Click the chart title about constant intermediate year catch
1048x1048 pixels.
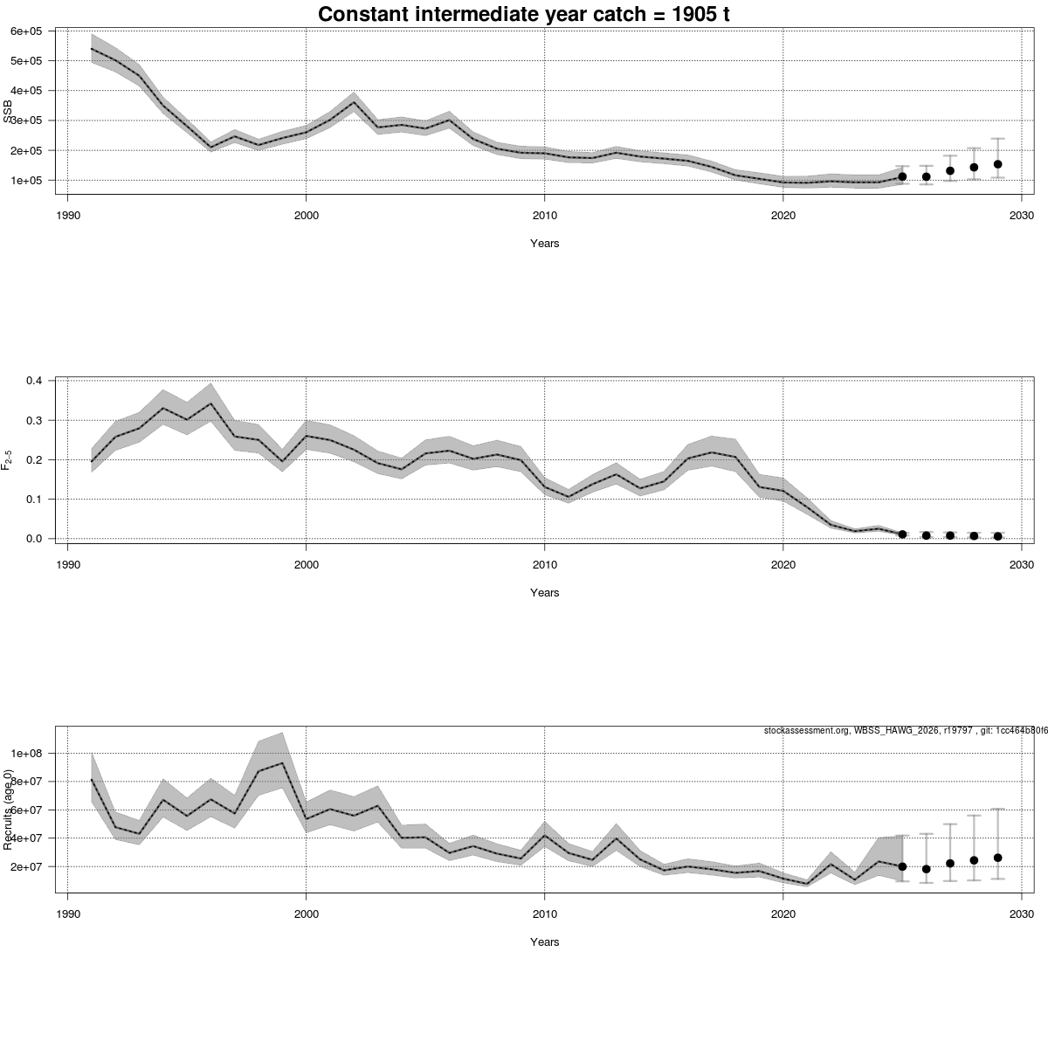click(524, 15)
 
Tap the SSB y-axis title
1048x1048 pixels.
click(8, 113)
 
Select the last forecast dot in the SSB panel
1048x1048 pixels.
click(997, 164)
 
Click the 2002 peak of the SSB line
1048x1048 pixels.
click(354, 102)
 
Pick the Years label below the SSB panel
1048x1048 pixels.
click(544, 244)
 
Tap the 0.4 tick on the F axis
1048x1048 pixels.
click(35, 381)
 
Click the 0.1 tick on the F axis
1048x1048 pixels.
click(35, 500)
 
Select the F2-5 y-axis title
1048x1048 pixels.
click(8, 460)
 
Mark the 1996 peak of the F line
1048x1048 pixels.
click(210, 403)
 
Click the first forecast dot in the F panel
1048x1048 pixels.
click(902, 534)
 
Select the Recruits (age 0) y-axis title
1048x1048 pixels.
click(8, 810)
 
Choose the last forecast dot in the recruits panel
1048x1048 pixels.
click(997, 858)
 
